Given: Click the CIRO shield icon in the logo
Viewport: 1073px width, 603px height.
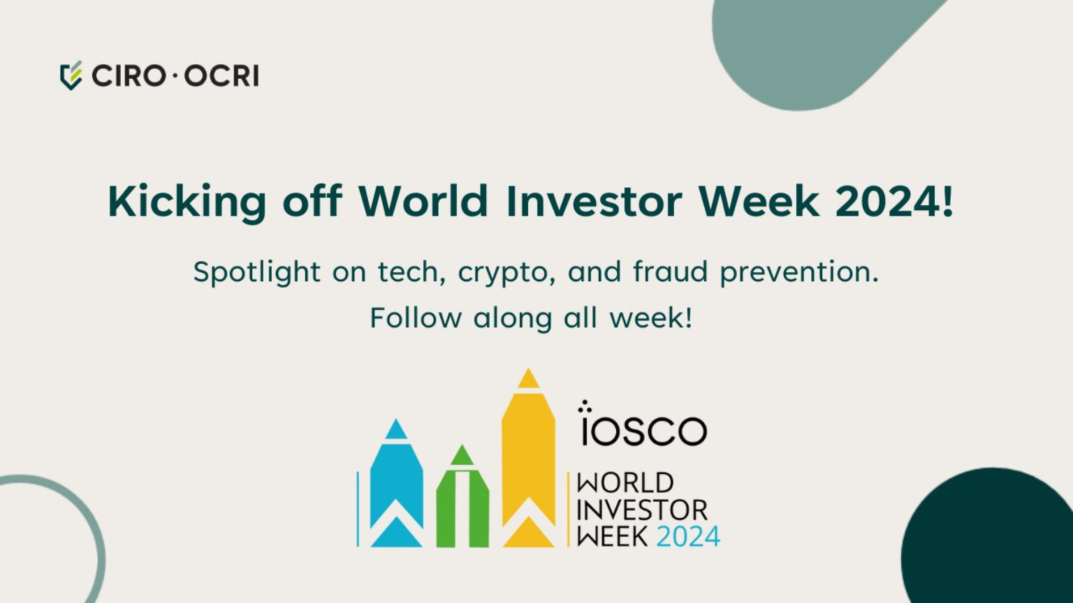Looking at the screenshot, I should pos(71,75).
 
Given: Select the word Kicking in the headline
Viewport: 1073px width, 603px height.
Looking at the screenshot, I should pos(187,202).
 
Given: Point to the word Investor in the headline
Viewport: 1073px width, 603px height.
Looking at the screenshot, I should pos(593,202).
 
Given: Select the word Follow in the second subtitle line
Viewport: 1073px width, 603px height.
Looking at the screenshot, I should pos(416,318).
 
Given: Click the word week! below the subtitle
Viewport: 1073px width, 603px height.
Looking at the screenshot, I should pos(651,318).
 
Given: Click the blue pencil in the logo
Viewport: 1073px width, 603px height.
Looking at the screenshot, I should pos(396,489).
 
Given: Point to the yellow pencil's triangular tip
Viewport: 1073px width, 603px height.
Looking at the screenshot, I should pos(528,380).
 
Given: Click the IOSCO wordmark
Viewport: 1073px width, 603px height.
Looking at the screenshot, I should pos(643,427).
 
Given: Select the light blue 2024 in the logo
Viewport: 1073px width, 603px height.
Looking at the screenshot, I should pos(688,537).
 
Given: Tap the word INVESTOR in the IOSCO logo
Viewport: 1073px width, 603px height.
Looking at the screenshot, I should pos(642,510).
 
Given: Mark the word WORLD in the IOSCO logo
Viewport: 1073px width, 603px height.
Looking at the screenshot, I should pos(625,483).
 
